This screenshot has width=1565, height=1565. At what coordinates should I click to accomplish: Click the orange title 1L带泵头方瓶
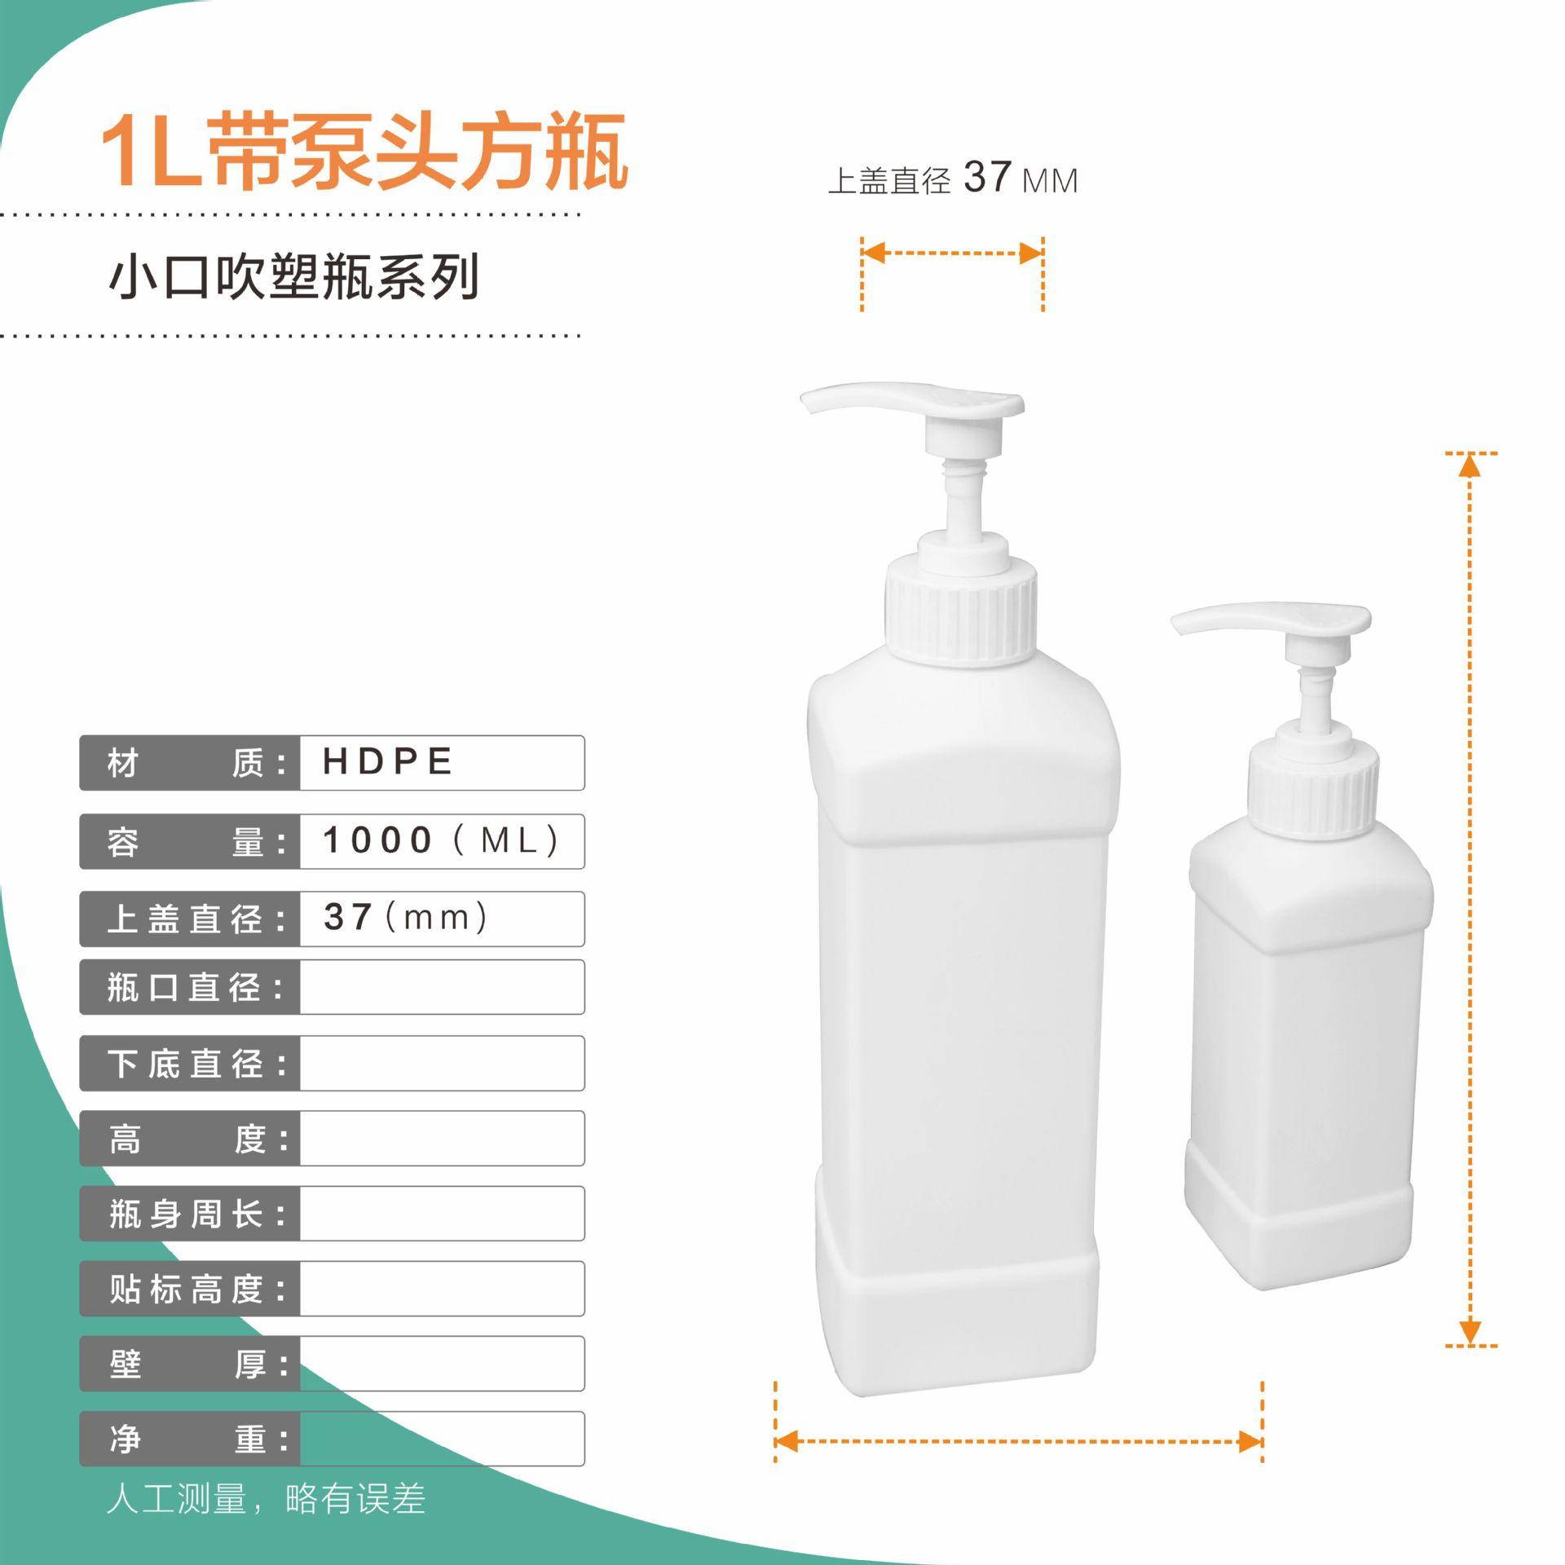[364, 152]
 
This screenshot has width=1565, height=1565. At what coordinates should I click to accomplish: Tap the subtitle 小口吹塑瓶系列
[293, 277]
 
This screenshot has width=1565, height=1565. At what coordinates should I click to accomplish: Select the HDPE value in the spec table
[388, 762]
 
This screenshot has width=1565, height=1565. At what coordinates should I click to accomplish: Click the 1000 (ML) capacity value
[440, 840]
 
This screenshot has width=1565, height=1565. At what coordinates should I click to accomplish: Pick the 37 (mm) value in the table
[406, 918]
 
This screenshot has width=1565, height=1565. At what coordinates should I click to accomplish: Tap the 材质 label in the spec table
[196, 763]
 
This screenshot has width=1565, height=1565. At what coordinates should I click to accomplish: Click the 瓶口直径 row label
[196, 987]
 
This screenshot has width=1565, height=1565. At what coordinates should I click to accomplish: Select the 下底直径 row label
[196, 1064]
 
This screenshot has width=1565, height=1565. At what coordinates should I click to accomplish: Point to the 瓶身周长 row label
[196, 1214]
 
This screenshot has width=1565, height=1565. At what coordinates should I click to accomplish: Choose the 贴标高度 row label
[196, 1289]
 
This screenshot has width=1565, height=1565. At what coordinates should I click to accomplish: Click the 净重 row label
[196, 1439]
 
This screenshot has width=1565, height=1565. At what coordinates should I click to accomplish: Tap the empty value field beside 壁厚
[442, 1364]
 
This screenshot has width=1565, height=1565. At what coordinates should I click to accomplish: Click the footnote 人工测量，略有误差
[266, 1499]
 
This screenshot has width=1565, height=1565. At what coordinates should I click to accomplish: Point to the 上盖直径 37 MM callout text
[952, 179]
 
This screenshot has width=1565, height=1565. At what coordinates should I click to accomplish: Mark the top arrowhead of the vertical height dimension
[1470, 466]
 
